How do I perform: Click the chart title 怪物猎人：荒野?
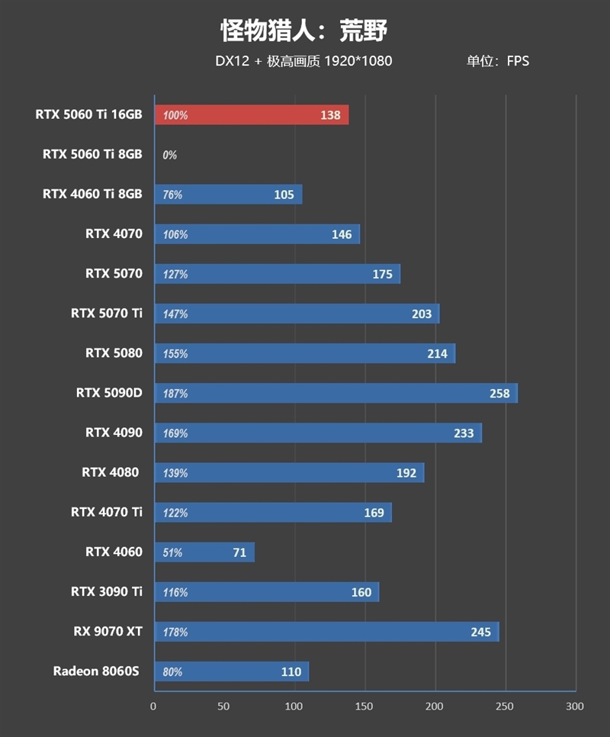[304, 31]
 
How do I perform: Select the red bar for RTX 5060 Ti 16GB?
[252, 115]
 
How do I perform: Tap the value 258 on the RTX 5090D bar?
[499, 394]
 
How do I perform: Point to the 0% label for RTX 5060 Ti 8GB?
[169, 155]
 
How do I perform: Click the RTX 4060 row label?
[114, 552]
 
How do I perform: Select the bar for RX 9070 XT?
[326, 632]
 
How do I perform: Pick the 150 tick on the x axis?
[364, 706]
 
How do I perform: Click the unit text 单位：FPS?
[498, 61]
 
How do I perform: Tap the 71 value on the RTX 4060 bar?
[239, 552]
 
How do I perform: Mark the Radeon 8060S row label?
[98, 671]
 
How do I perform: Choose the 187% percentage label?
[175, 394]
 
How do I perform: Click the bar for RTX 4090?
[318, 433]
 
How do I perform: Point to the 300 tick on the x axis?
[575, 706]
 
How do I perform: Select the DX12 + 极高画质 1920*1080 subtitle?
[303, 61]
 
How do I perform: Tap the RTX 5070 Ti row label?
[107, 313]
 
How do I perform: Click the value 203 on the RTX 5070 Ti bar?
[421, 314]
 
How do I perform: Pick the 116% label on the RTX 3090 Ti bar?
[175, 593]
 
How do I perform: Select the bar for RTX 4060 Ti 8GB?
[228, 195]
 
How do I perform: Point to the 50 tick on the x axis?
[223, 706]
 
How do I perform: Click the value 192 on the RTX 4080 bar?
[406, 473]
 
